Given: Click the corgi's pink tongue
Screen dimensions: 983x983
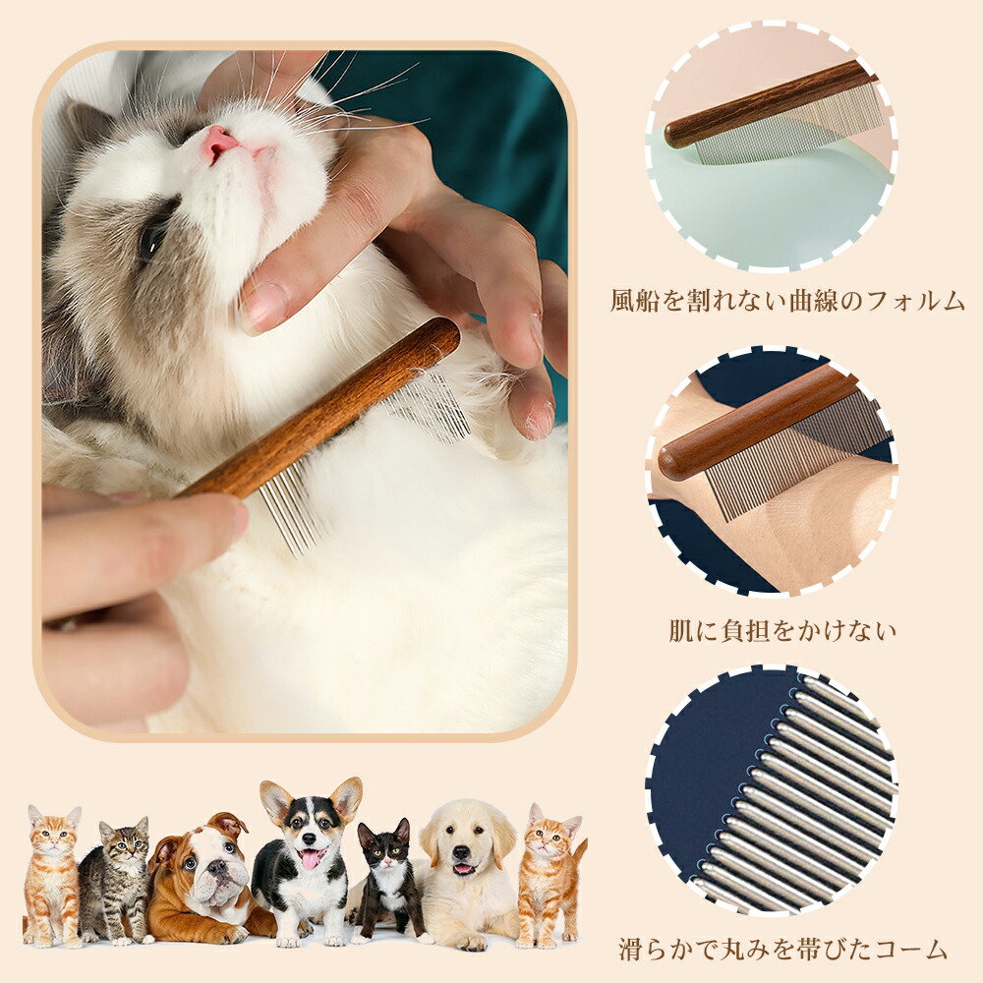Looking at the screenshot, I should click(x=310, y=857).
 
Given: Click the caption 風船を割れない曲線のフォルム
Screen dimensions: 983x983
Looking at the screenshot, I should click(x=787, y=302).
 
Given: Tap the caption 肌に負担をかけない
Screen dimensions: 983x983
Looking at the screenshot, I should click(x=782, y=631).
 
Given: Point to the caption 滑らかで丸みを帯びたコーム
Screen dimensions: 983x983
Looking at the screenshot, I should click(x=782, y=950).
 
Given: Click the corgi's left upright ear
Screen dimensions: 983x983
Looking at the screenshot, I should click(x=276, y=801).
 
